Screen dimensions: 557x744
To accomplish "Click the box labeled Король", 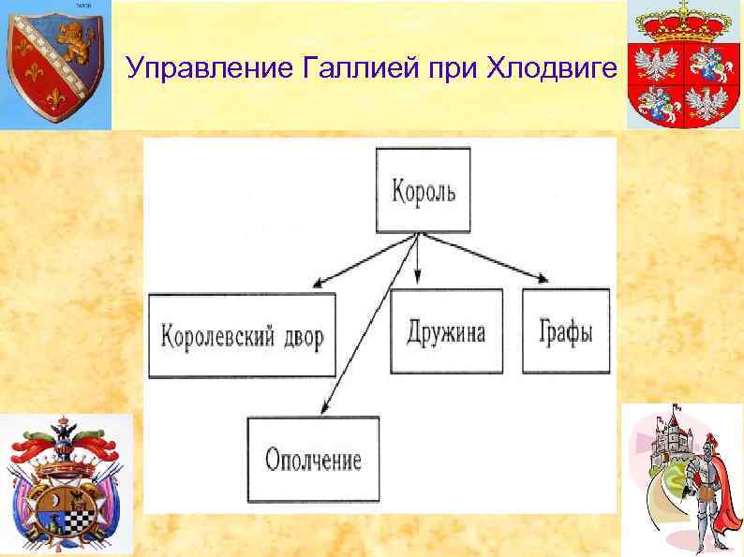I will [423, 192].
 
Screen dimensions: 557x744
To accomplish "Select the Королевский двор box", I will [242, 334].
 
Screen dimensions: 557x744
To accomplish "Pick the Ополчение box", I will [313, 459].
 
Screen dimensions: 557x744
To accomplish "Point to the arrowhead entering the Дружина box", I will [419, 280].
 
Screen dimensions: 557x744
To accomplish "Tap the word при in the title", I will [454, 69].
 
